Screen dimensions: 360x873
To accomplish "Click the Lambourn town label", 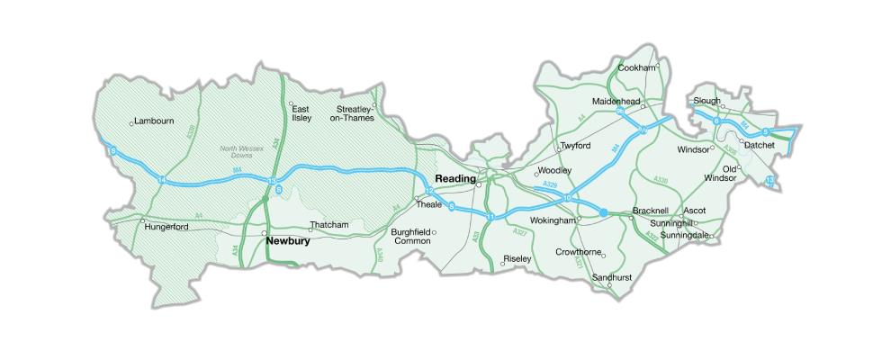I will [x=154, y=121].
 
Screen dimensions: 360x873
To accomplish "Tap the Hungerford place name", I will [x=166, y=227].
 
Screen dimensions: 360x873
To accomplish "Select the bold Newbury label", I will [x=288, y=241].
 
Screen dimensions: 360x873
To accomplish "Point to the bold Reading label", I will [x=455, y=178].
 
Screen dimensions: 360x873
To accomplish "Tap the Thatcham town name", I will [x=328, y=225].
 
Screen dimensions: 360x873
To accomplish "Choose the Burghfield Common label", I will [x=411, y=237].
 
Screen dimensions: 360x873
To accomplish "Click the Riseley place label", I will [x=517, y=259].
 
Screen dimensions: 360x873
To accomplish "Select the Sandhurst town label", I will [x=612, y=278].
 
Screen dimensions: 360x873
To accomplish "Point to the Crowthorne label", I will [x=578, y=252].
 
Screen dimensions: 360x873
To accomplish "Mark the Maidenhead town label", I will [x=616, y=102].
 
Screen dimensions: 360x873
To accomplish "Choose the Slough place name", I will [x=707, y=101].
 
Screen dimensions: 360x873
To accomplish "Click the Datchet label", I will [x=760, y=144].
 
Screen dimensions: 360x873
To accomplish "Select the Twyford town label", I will [x=575, y=145].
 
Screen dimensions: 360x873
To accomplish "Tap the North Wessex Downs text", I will [x=238, y=152].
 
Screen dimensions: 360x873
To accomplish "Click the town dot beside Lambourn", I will [x=131, y=122].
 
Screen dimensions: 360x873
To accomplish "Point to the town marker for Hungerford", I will [x=142, y=220].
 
